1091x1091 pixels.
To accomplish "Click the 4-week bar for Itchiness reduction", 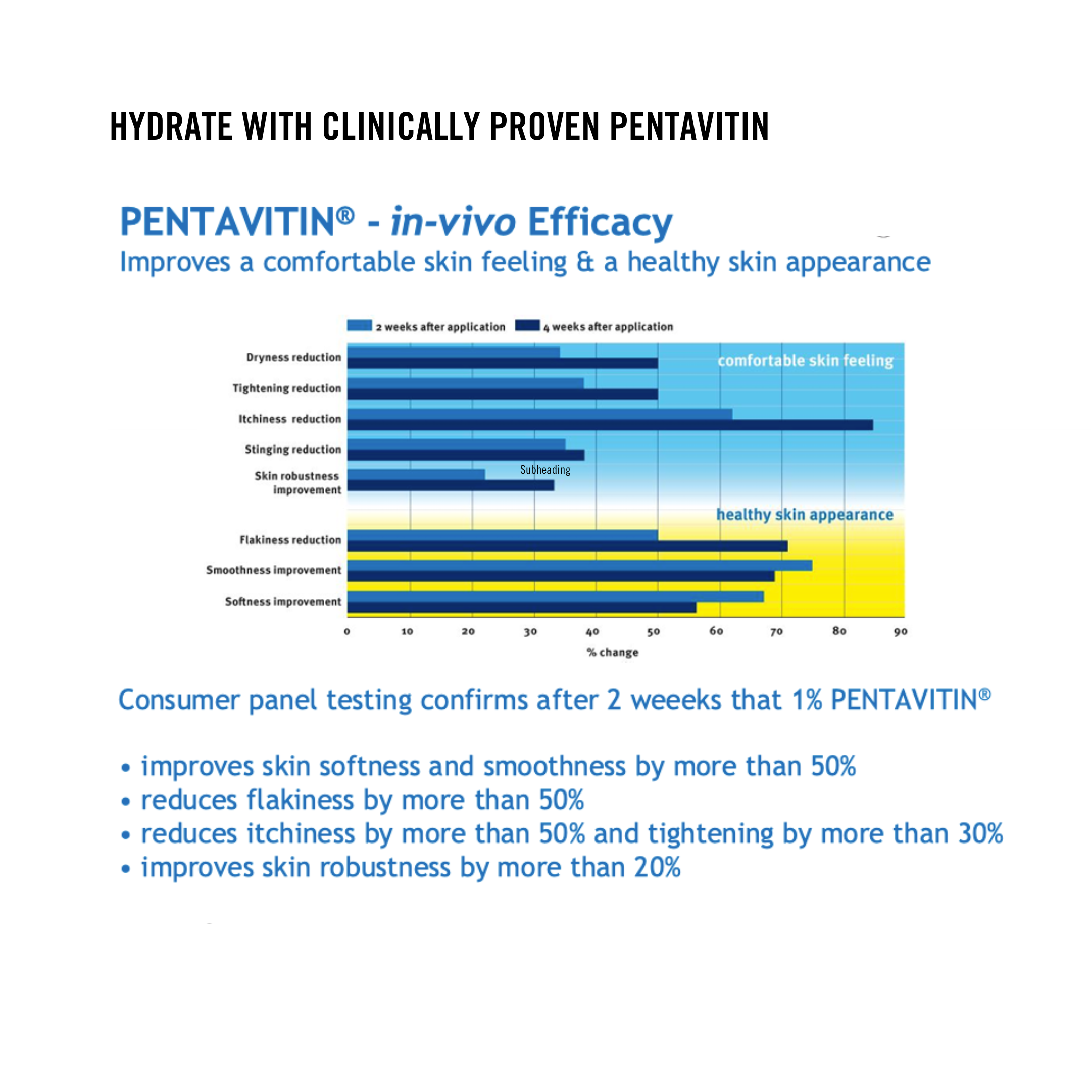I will click(x=610, y=425).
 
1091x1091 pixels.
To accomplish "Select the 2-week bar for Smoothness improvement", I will click(x=579, y=565).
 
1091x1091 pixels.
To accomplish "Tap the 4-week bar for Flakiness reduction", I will click(x=567, y=546).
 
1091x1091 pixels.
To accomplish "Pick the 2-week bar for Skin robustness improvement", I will click(x=416, y=474).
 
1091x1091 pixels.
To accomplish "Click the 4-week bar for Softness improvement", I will click(x=521, y=607).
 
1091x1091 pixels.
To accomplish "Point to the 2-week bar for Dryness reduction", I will click(x=454, y=353).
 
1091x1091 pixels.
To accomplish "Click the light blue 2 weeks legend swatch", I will click(x=359, y=325).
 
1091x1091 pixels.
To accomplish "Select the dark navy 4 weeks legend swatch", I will click(x=527, y=325).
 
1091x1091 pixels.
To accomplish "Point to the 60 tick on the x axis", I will click(x=716, y=631).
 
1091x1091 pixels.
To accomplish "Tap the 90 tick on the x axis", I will click(x=900, y=632).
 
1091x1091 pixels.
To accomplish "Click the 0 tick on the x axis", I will click(x=346, y=632).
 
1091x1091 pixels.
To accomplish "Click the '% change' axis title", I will click(x=613, y=652).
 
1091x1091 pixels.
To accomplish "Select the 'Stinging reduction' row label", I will click(x=292, y=450).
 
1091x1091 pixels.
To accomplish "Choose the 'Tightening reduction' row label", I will click(x=286, y=388).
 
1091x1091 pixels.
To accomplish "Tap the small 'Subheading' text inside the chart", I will click(x=545, y=470).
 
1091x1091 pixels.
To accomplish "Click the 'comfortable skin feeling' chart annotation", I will click(x=805, y=360).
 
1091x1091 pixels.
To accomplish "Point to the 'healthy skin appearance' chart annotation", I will click(x=805, y=515).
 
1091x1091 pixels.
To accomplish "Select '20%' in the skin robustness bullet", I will click(x=657, y=867).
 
